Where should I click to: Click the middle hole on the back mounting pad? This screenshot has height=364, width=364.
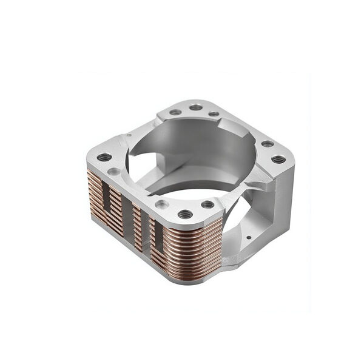pos(196,107)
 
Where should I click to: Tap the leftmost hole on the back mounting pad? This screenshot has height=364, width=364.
pos(175,112)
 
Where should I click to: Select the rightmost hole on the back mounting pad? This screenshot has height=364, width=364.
pos(214,113)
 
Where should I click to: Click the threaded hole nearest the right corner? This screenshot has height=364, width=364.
pos(278,160)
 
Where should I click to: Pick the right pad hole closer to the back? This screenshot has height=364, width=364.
pos(267,144)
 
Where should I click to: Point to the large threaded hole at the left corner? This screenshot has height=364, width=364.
pos(104,157)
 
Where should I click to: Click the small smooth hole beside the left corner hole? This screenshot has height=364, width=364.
pos(113,172)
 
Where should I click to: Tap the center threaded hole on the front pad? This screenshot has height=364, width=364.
pos(185,214)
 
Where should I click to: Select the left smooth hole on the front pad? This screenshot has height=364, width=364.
pos(162,204)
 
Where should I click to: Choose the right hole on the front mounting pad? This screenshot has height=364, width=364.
pos(207,204)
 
